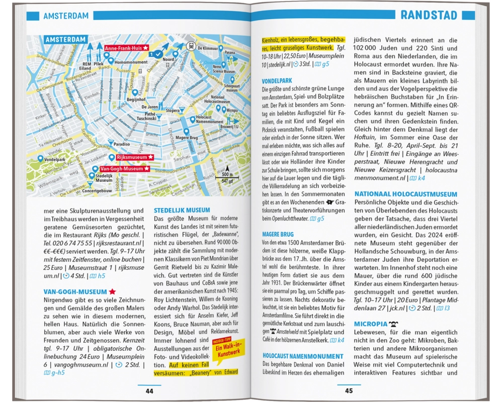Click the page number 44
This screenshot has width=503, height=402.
tap(149, 391)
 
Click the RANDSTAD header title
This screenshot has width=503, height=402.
tap(429, 15)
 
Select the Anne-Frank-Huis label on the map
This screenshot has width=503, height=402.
tap(126, 48)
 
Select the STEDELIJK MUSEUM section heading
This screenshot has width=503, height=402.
tap(182, 210)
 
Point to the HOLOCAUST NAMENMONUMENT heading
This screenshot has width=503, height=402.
tap(303, 356)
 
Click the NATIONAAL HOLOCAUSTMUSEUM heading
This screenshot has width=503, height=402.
tap(405, 194)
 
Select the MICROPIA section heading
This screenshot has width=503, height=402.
tap(371, 324)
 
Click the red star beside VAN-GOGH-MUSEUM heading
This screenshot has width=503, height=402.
tap(113, 291)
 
